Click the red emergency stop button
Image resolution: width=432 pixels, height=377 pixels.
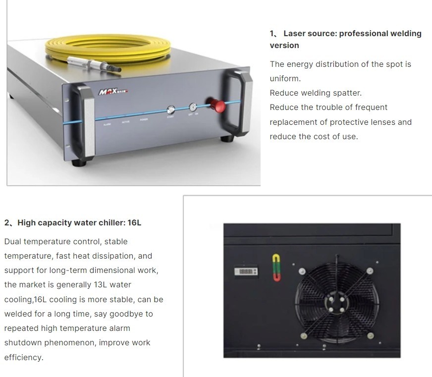click(217, 106)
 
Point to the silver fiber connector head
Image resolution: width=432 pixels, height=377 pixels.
click(94, 64)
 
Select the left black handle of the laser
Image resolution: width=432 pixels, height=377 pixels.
click(84, 122)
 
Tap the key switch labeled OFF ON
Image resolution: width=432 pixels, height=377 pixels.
click(193, 107)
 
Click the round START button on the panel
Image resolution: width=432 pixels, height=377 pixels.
click(171, 110)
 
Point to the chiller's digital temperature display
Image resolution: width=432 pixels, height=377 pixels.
click(246, 271)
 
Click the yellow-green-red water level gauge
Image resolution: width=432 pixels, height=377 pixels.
click(276, 268)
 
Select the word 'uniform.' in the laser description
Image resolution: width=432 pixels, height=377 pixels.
click(285, 79)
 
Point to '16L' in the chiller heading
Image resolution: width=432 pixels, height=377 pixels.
click(134, 222)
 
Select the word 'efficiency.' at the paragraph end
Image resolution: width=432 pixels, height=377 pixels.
click(24, 358)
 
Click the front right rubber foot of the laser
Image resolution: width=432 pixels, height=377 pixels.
click(227, 139)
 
